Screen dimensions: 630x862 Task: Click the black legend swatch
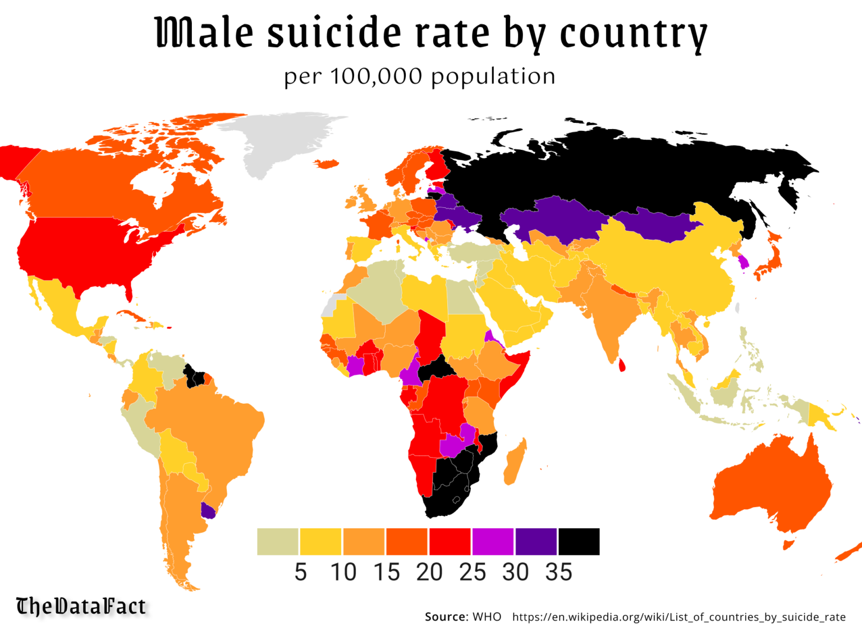click(579, 541)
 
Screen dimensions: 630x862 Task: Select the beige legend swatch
click(277, 541)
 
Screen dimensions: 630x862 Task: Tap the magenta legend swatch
click(493, 541)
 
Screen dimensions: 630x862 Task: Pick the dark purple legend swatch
click(536, 541)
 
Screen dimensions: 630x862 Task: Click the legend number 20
click(429, 572)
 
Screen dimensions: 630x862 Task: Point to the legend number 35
click(558, 572)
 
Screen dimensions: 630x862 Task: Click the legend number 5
click(300, 572)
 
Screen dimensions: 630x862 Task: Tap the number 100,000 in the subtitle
click(376, 76)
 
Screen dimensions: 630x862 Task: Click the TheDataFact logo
click(81, 606)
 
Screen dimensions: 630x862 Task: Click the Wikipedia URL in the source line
click(678, 617)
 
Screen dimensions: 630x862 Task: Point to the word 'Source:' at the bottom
click(446, 617)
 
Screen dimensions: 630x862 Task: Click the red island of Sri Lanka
click(622, 365)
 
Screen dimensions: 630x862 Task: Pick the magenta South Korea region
click(744, 262)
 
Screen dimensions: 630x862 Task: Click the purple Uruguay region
click(208, 511)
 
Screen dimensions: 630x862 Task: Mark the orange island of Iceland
click(327, 163)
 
